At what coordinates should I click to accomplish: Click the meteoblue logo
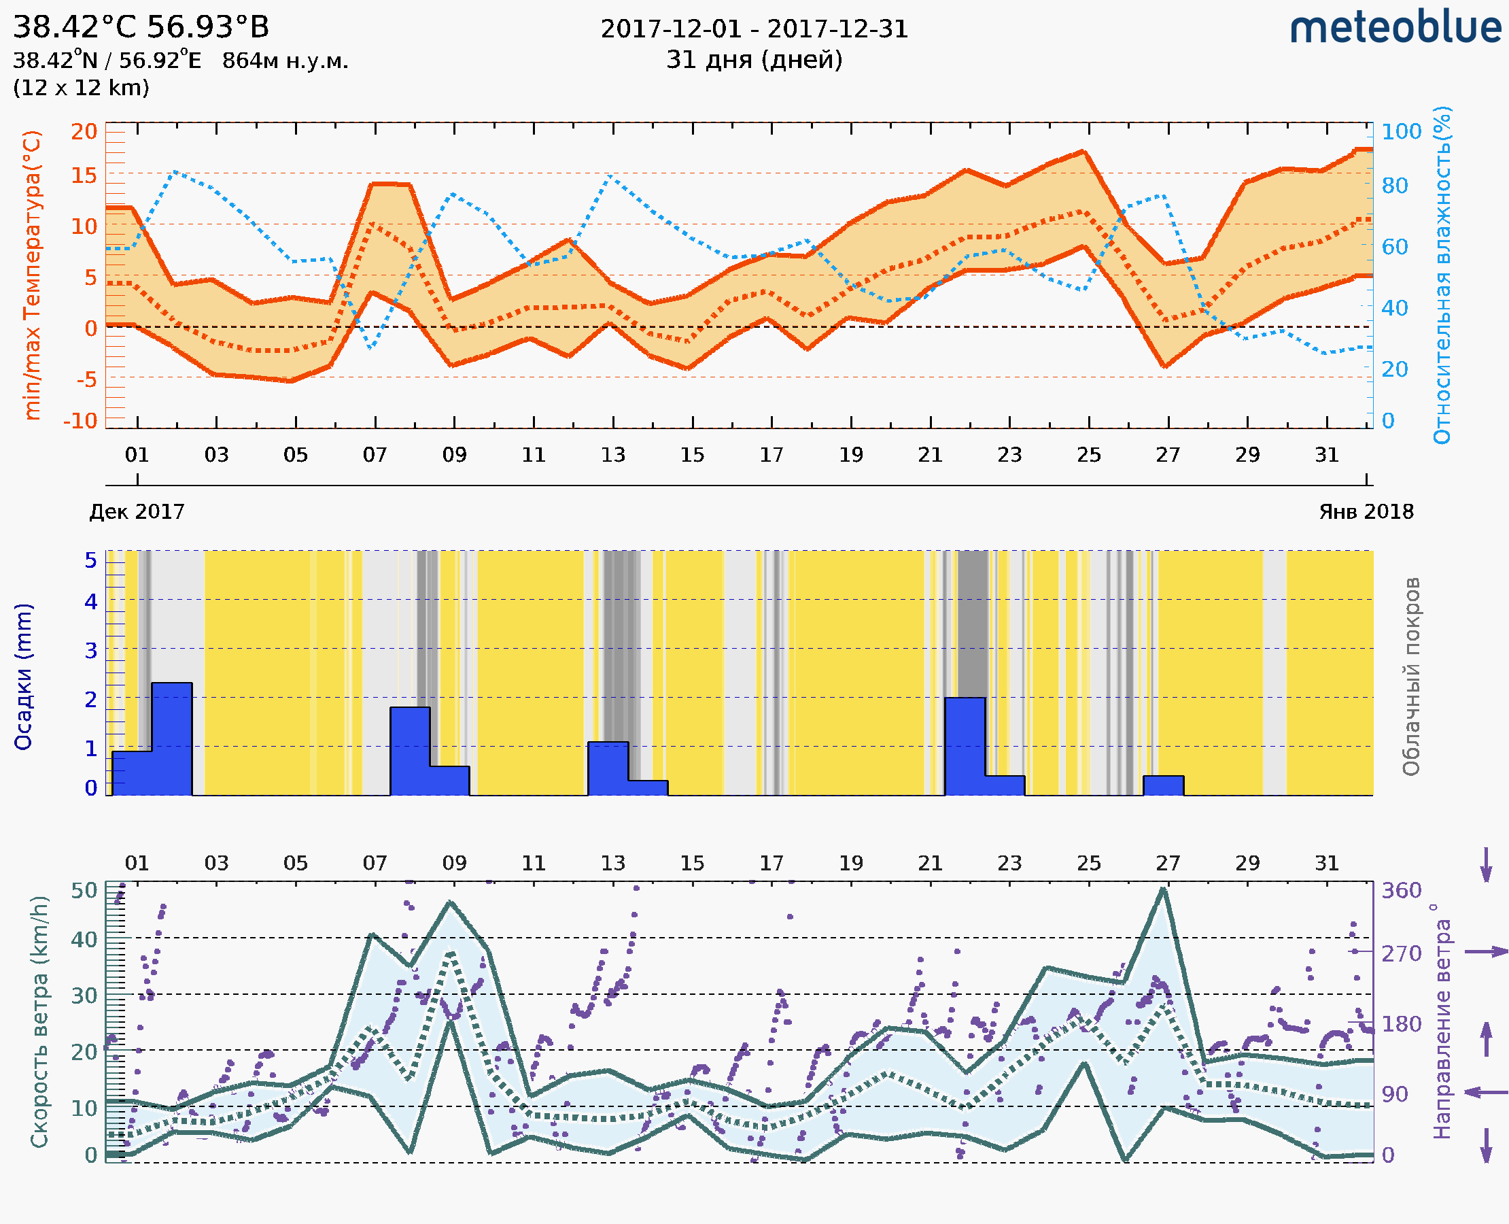(x=1395, y=28)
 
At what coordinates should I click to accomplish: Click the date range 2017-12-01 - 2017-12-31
(x=754, y=29)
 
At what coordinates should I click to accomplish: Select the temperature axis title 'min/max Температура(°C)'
(x=32, y=275)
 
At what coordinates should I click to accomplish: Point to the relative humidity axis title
(x=1442, y=275)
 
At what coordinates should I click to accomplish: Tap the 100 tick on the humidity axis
(x=1401, y=131)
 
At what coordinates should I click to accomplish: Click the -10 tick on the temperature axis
(x=80, y=421)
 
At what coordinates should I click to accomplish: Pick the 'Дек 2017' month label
(x=137, y=511)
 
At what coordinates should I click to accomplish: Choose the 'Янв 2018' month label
(x=1366, y=511)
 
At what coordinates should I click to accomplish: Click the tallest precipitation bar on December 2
(x=172, y=738)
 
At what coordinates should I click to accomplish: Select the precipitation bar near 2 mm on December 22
(x=965, y=745)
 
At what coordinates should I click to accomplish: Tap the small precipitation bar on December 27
(x=1163, y=785)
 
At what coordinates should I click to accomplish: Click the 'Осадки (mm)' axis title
(x=23, y=677)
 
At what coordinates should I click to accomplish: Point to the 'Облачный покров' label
(x=1411, y=677)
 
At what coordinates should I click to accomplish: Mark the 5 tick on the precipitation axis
(x=91, y=560)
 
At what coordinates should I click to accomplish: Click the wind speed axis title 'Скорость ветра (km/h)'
(x=39, y=1021)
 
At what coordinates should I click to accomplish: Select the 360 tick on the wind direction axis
(x=1401, y=891)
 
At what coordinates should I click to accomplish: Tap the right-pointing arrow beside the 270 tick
(x=1487, y=952)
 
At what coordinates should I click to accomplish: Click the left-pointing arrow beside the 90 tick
(x=1487, y=1092)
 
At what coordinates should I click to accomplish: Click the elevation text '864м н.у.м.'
(x=285, y=61)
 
